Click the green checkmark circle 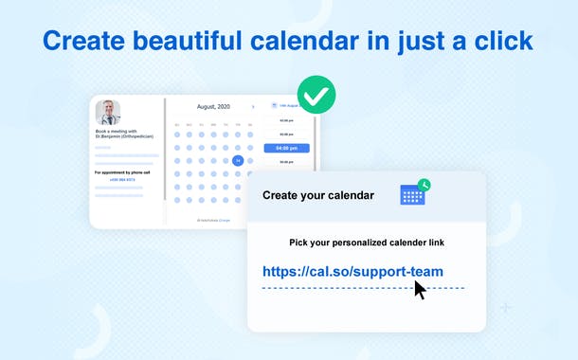pos(316,95)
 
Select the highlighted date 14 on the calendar pos(238,160)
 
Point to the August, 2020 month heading pos(212,107)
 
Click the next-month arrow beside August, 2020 pos(252,107)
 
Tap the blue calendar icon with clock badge pos(412,194)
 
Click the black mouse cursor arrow pos(420,289)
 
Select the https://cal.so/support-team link pos(352,272)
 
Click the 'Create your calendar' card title pos(318,196)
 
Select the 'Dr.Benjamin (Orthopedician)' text pos(124,136)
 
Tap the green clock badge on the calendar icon pos(424,185)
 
